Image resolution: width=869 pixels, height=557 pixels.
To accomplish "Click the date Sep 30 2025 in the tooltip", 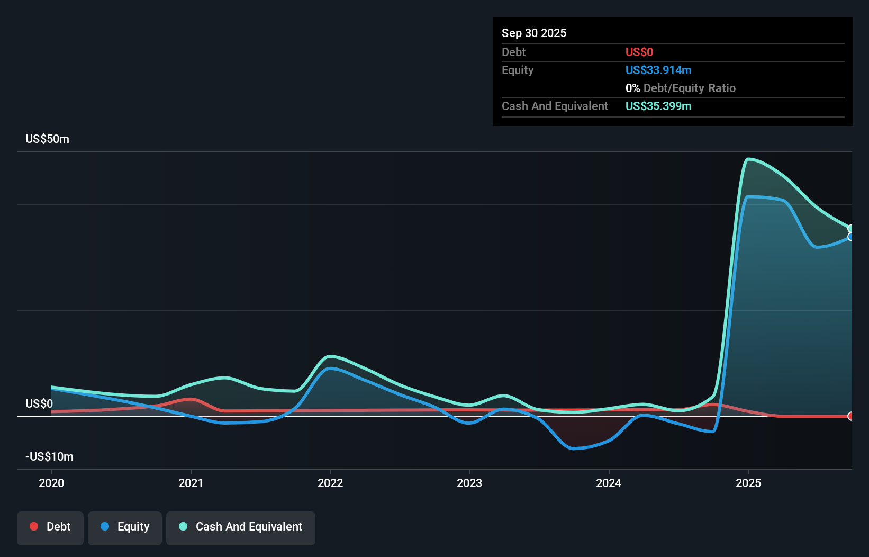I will pyautogui.click(x=533, y=33).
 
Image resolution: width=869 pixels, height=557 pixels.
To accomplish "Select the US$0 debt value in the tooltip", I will pyautogui.click(x=639, y=52).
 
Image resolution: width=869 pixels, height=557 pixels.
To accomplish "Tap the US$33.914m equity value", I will pyautogui.click(x=658, y=70).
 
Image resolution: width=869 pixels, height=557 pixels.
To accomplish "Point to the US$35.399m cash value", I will pyautogui.click(x=658, y=106).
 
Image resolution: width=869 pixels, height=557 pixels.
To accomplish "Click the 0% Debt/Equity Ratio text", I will pyautogui.click(x=680, y=88).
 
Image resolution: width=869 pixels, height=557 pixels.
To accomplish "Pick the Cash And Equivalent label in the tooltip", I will pyautogui.click(x=555, y=106).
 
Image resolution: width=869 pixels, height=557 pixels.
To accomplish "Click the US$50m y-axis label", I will pyautogui.click(x=47, y=139).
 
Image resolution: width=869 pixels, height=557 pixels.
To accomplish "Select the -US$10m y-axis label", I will pyautogui.click(x=49, y=456).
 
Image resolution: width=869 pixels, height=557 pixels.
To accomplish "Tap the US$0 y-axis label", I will pyautogui.click(x=39, y=403).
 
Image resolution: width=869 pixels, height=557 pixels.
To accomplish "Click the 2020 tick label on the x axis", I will pyautogui.click(x=51, y=483).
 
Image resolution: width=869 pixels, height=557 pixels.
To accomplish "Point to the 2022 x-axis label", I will pyautogui.click(x=330, y=483).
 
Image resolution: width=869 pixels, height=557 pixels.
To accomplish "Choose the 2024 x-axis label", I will pyautogui.click(x=609, y=483).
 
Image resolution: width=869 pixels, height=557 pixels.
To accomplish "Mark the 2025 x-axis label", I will pyautogui.click(x=748, y=483).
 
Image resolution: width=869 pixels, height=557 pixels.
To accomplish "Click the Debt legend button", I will pyautogui.click(x=50, y=527).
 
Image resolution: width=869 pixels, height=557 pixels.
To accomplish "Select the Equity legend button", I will pyautogui.click(x=125, y=527).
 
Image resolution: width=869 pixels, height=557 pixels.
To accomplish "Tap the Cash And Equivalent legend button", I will pyautogui.click(x=241, y=527).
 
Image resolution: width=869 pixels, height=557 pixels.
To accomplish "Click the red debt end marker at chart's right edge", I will pyautogui.click(x=851, y=416).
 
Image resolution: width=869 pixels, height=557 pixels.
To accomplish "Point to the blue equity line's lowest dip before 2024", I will pyautogui.click(x=573, y=448).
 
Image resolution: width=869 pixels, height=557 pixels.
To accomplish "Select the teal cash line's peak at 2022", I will pyautogui.click(x=330, y=356).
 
